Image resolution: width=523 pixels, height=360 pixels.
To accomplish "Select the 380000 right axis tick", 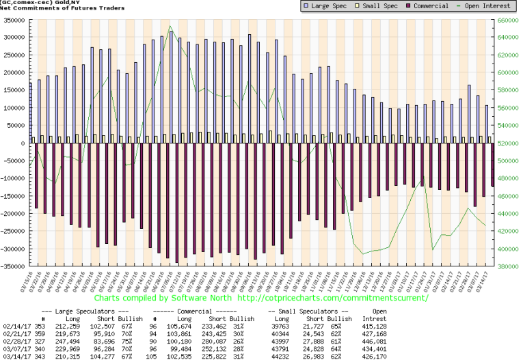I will (507, 266).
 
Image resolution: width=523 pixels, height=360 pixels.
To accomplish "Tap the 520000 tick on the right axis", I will (507, 143).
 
